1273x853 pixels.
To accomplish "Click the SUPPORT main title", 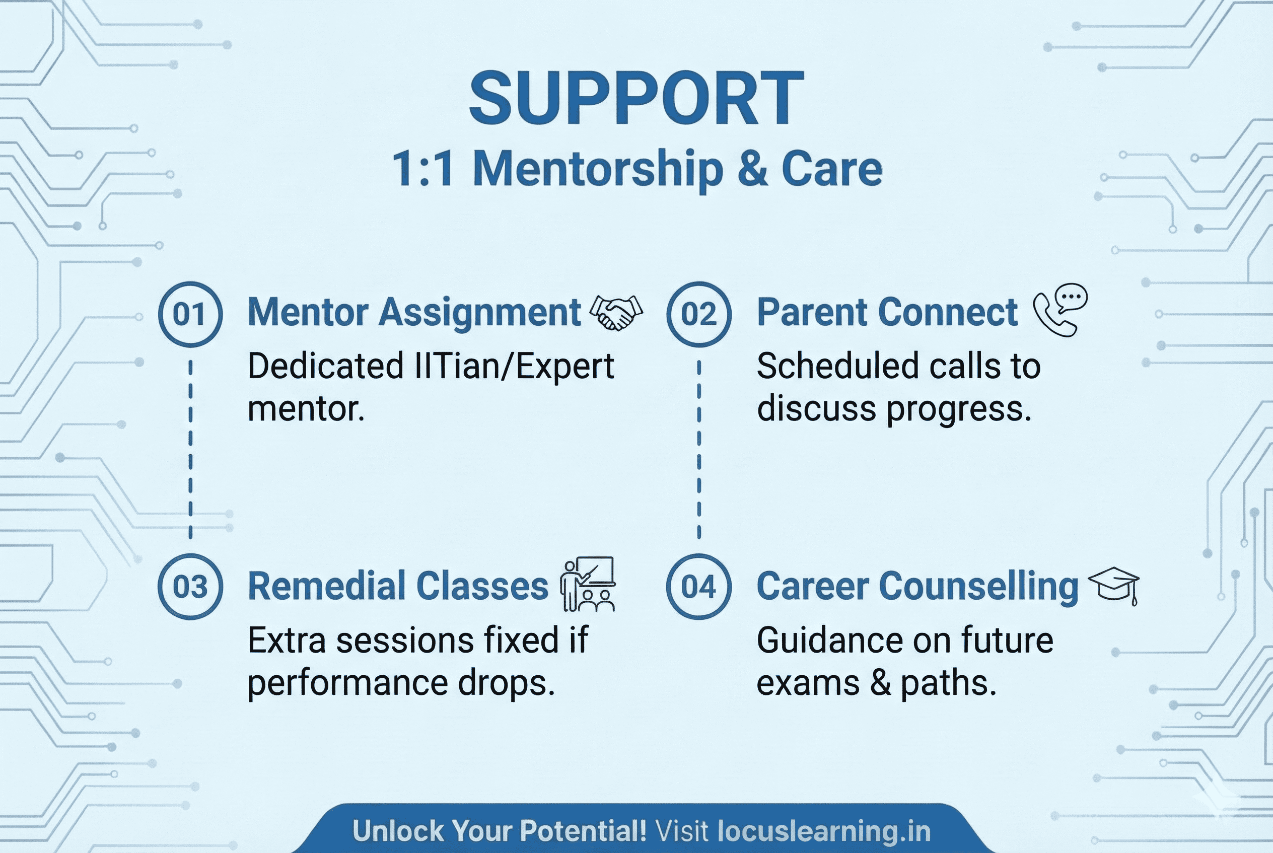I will [x=636, y=99].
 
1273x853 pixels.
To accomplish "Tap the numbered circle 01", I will [x=190, y=314].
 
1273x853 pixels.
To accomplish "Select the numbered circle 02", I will [x=699, y=314].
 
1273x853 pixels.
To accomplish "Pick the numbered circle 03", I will [x=190, y=587].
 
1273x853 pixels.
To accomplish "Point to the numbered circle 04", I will [x=699, y=587].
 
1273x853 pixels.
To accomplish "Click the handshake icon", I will [x=616, y=313].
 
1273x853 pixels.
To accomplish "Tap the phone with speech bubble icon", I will [x=1060, y=310].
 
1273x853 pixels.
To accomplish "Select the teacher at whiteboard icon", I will [x=588, y=584].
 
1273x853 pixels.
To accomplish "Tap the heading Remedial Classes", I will [x=398, y=586].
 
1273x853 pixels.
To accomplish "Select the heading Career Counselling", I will [x=917, y=586].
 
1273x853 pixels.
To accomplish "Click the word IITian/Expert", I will [x=514, y=366].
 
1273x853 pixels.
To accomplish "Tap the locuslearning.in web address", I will [x=824, y=831].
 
